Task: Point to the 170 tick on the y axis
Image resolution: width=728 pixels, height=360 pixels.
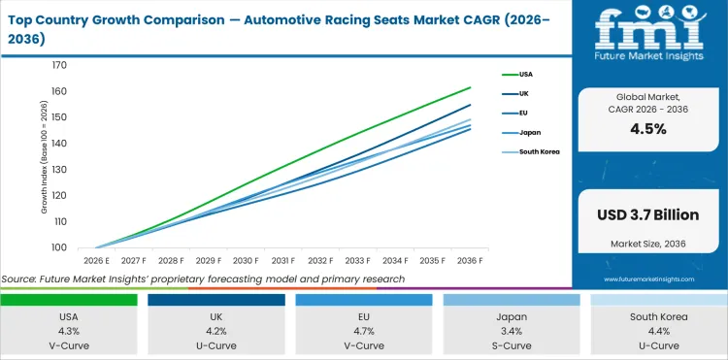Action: coord(59,65)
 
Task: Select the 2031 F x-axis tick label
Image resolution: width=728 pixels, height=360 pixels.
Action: coord(283,260)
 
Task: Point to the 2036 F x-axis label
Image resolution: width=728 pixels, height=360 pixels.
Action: coord(470,260)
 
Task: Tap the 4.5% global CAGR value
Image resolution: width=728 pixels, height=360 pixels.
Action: coord(647,129)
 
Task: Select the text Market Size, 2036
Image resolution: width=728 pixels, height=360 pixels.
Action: coord(647,242)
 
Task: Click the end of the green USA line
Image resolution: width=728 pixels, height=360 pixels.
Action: coord(471,87)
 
